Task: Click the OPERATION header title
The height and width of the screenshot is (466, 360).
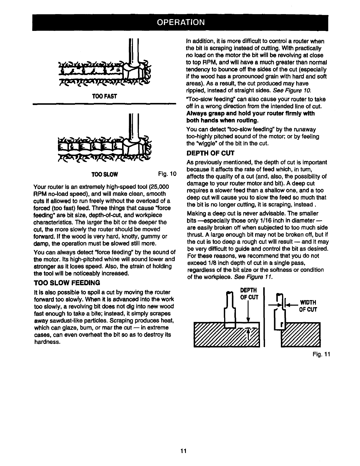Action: [x=180, y=22]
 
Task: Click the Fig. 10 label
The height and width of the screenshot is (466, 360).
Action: [x=167, y=174]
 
